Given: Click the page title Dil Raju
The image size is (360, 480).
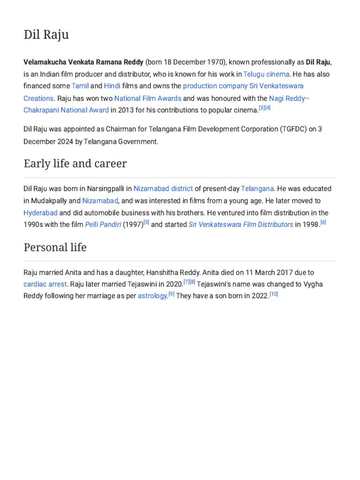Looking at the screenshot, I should pyautogui.click(x=46, y=35).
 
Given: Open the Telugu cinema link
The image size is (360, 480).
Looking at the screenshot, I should pyautogui.click(x=266, y=74).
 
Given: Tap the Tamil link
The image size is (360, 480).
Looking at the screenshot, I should pyautogui.click(x=80, y=86).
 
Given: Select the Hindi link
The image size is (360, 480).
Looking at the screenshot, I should pyautogui.click(x=112, y=86).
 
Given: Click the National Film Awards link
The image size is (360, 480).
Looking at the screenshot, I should pyautogui.click(x=148, y=98).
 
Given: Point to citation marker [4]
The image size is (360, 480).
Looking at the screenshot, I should pyautogui.click(x=268, y=108).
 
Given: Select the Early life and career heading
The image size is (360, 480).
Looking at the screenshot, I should pyautogui.click(x=75, y=164).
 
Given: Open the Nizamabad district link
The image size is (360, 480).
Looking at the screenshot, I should pyautogui.click(x=163, y=188).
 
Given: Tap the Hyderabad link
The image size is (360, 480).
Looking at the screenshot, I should pyautogui.click(x=40, y=212).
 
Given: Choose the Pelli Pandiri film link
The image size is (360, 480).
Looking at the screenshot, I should pyautogui.click(x=103, y=225).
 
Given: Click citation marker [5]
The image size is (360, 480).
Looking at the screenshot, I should pyautogui.click(x=146, y=222).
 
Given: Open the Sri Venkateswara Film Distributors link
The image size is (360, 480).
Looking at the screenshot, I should pyautogui.click(x=241, y=225).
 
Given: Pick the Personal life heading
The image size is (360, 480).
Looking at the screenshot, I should pyautogui.click(x=55, y=247).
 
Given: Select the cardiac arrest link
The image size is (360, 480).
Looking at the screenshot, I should pyautogui.click(x=45, y=284).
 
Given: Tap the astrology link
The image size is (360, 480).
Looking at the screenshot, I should pyautogui.click(x=152, y=296).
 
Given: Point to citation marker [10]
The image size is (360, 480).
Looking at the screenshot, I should pyautogui.click(x=274, y=294).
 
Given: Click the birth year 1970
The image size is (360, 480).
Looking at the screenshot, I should pyautogui.click(x=214, y=62).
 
